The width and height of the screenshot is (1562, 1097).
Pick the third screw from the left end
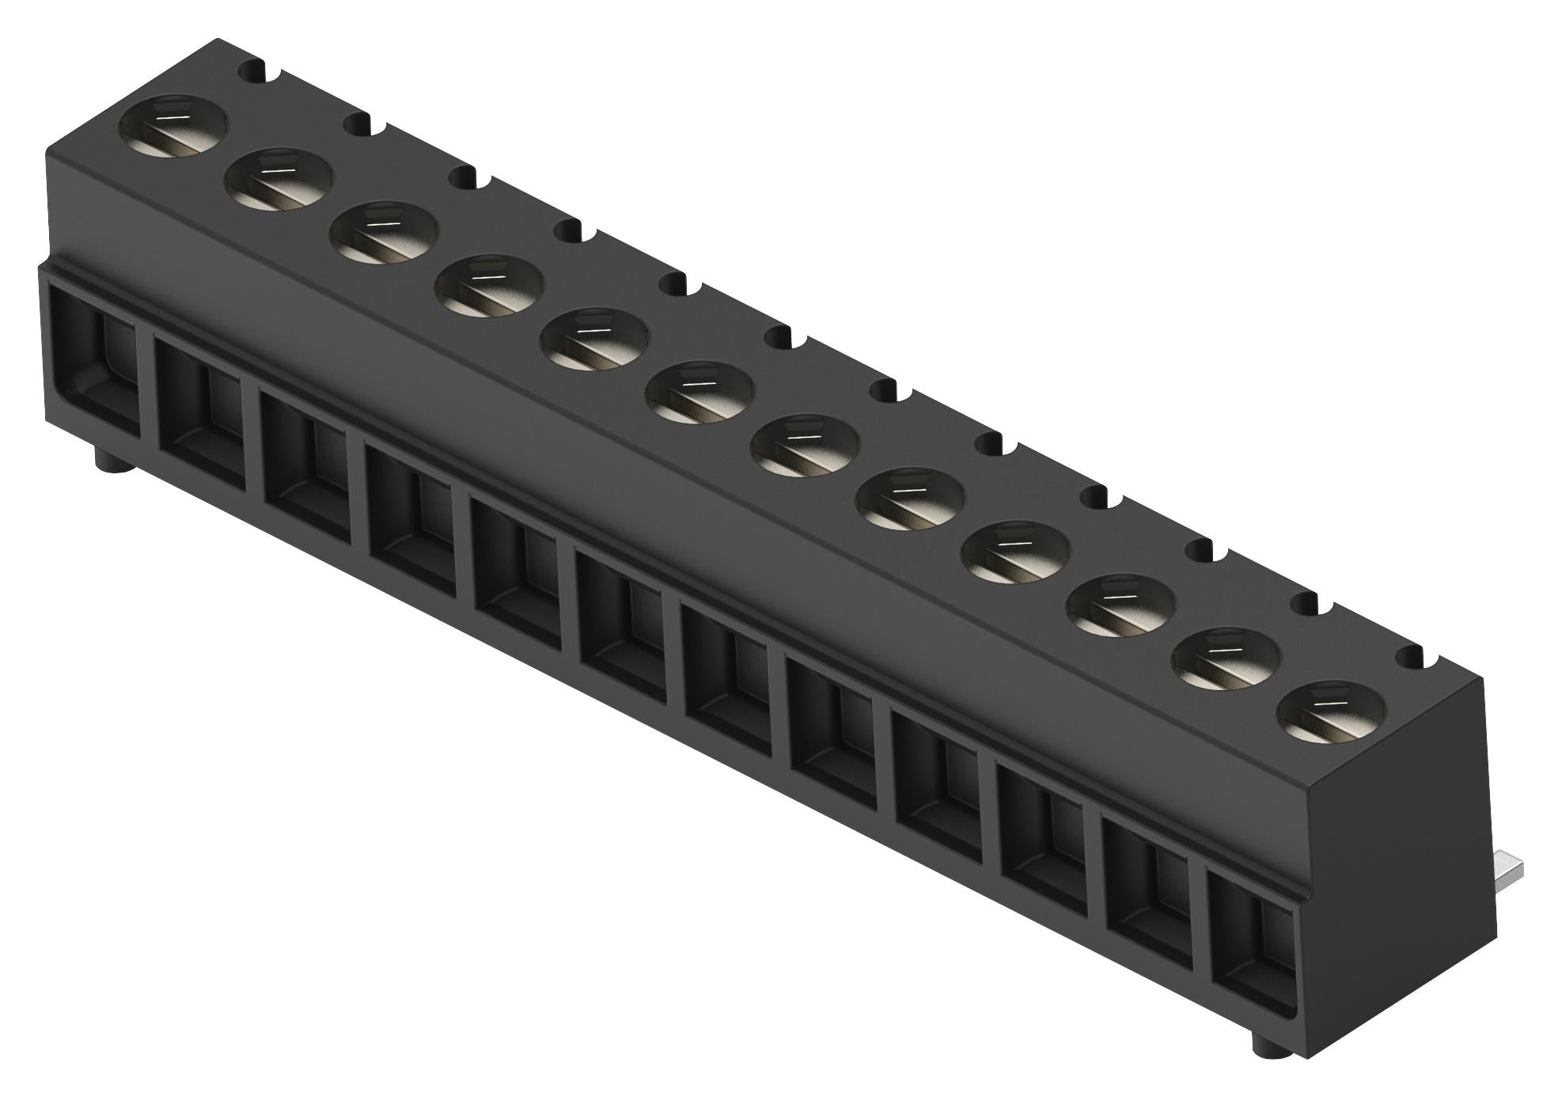pos(385,233)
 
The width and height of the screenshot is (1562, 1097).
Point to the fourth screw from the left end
pos(491,287)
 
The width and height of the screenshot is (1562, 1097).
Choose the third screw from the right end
pos(1120,605)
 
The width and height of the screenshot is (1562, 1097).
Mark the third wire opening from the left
pos(307,459)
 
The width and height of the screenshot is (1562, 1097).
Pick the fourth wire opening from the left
pos(412,511)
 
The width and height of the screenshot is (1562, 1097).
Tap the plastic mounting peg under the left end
pos(111,459)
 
